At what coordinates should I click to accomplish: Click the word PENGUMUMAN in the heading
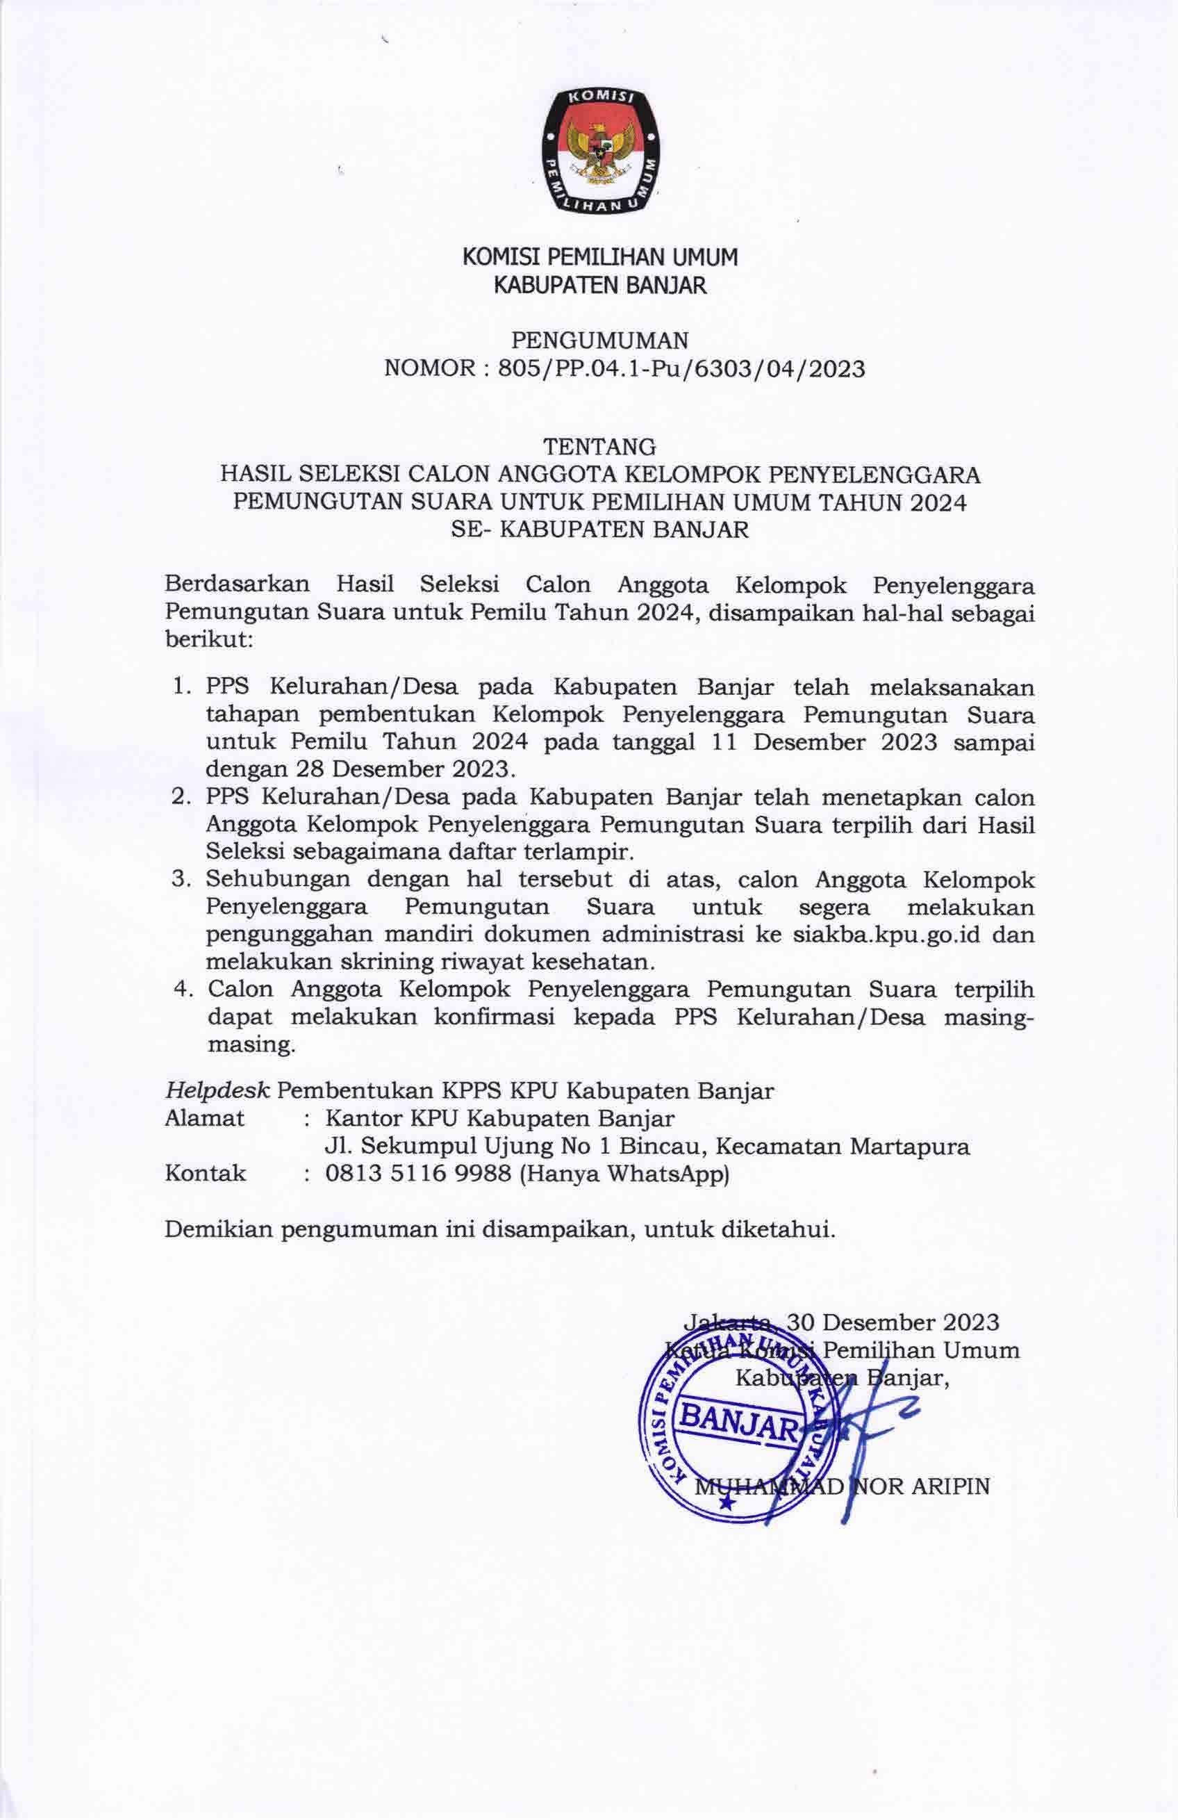pos(599,338)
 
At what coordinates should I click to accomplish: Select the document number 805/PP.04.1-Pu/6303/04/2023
pos(681,370)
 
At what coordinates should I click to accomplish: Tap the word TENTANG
pos(599,445)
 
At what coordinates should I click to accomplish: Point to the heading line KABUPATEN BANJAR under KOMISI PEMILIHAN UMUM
pos(599,287)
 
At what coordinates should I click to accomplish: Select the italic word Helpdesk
pos(217,1091)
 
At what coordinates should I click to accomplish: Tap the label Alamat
pos(205,1119)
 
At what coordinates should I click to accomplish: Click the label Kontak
pos(206,1174)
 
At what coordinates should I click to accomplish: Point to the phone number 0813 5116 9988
pos(418,1174)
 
